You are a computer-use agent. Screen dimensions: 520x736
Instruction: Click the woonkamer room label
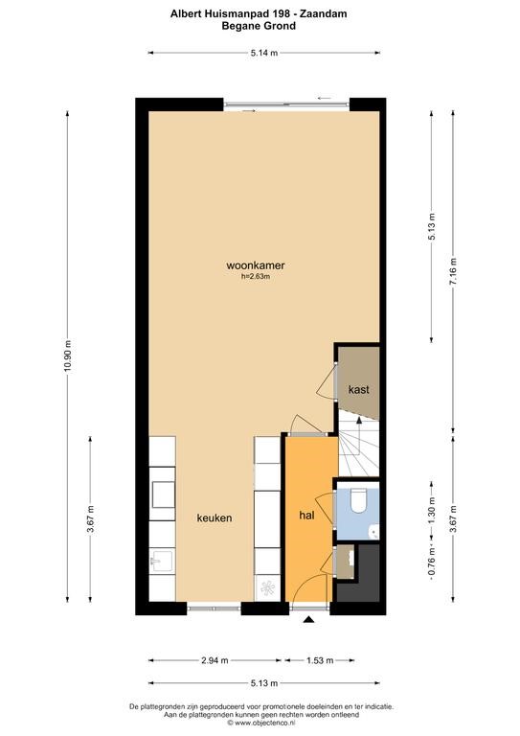tap(256, 265)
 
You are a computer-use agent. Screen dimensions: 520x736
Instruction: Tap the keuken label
tap(215, 517)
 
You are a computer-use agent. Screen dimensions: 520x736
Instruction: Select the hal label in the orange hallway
tap(306, 516)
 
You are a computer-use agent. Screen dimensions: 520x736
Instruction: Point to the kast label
tap(359, 390)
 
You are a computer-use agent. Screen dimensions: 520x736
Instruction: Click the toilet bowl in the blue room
tap(359, 500)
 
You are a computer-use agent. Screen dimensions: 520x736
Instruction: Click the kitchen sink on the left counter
tap(161, 561)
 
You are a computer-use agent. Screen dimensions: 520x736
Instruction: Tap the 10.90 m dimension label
tap(68, 356)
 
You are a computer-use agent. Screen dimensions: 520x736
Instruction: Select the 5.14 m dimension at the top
tap(264, 53)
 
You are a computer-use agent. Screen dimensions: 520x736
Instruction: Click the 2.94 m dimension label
tap(215, 660)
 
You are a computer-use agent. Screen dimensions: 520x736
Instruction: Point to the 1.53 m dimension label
tap(320, 660)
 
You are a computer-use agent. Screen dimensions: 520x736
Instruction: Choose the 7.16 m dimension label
tap(453, 272)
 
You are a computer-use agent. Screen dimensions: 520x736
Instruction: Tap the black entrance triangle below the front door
tap(308, 620)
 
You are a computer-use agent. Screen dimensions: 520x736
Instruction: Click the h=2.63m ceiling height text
tap(256, 277)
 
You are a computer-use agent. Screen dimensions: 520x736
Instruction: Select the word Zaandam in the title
tap(324, 14)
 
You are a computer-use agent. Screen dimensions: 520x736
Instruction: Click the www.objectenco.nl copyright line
tap(261, 723)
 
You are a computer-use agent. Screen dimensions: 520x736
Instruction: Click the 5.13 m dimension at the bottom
tap(264, 683)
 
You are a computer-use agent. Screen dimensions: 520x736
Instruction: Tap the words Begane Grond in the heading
tap(259, 26)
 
